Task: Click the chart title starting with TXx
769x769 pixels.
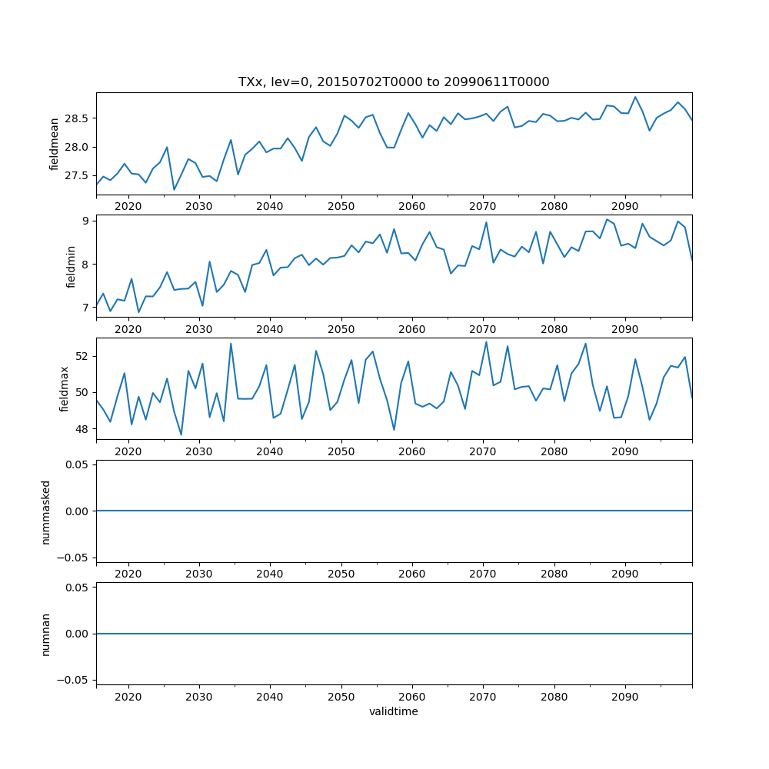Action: coord(394,82)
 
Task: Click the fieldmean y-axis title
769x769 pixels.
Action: coord(54,145)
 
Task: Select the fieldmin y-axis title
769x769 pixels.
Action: coord(71,266)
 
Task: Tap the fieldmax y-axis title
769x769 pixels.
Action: coord(65,389)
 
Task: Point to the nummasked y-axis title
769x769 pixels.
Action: coord(45,511)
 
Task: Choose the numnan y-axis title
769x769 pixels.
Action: coord(45,634)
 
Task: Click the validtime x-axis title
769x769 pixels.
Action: coord(394,712)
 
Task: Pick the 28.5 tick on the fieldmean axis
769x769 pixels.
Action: coord(76,118)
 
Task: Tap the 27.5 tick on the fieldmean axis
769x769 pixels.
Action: coord(76,175)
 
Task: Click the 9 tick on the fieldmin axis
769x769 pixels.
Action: coord(87,221)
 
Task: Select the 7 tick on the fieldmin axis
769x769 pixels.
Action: coord(87,308)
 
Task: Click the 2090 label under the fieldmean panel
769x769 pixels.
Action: coord(624,206)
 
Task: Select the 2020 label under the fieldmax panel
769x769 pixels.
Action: coord(128,451)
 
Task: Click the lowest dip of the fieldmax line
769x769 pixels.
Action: coord(181,434)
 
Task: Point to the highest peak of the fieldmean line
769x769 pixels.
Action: coord(635,97)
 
